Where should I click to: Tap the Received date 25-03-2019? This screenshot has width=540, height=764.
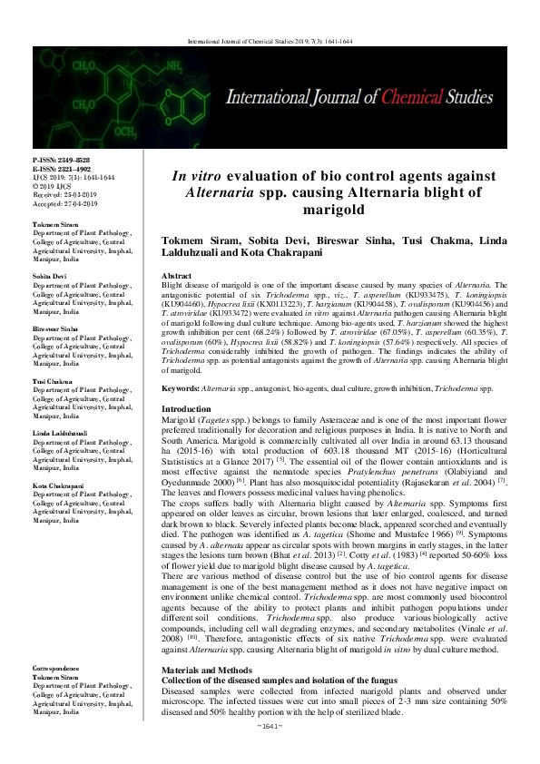click(x=77, y=192)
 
